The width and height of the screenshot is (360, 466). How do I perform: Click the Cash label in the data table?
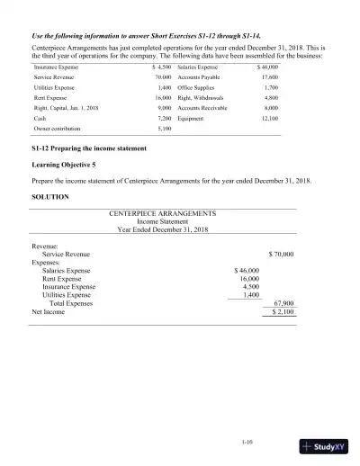40,117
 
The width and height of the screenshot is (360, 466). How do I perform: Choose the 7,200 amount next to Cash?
163,117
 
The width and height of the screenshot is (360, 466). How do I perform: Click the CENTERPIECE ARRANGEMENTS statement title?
162,213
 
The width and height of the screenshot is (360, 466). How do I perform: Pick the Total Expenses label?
74,303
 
